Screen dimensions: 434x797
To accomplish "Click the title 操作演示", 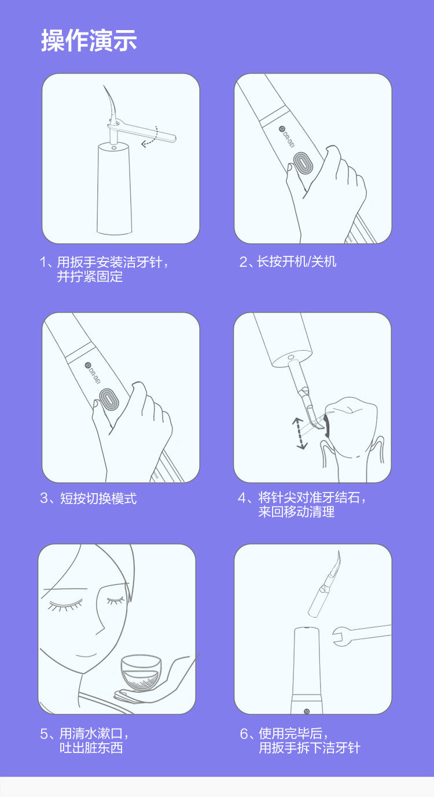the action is (x=89, y=40).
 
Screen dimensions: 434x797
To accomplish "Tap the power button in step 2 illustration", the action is (x=303, y=164).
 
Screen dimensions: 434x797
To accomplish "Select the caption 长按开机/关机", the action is (x=288, y=262).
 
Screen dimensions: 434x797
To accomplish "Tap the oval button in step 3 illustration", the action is (x=109, y=401).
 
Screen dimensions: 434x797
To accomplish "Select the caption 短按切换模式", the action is (x=88, y=498).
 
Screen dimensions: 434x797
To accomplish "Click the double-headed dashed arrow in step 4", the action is (x=300, y=434).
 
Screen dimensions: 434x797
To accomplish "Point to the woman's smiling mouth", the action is (x=87, y=655).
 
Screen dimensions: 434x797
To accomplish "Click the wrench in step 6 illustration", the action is (x=362, y=635).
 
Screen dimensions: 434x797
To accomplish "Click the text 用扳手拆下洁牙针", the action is (x=310, y=748).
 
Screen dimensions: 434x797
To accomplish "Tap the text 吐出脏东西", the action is (x=91, y=748).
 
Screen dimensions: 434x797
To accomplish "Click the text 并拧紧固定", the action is (x=90, y=277).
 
